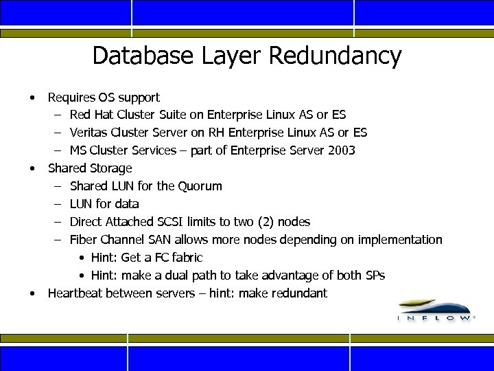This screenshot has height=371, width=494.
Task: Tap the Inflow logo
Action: pos(435,310)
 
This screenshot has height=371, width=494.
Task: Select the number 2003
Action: pos(341,150)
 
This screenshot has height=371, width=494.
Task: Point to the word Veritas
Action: pos(89,133)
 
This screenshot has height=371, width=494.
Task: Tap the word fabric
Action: pos(186,258)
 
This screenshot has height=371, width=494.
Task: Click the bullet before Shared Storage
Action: pos(32,168)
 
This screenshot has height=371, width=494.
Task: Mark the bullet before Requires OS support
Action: pos(32,97)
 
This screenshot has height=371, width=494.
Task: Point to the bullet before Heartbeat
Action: pos(32,293)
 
